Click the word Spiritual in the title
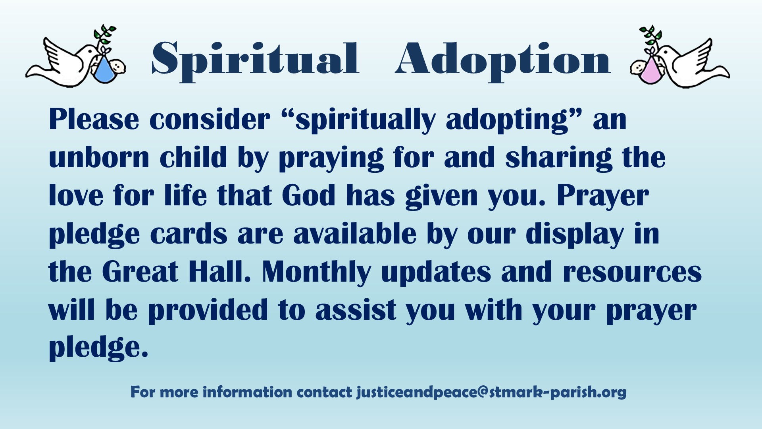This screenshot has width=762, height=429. click(x=255, y=60)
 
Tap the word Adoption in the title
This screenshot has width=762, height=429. click(x=502, y=60)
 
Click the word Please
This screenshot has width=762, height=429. click(x=94, y=120)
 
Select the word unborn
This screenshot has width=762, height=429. click(x=99, y=157)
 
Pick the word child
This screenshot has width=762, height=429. click(x=194, y=157)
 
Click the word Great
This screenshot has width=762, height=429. click(x=140, y=272)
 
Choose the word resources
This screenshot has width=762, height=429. click(x=632, y=272)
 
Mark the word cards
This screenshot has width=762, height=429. click(x=189, y=234)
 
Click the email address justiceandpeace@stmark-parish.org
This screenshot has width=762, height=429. click(x=491, y=392)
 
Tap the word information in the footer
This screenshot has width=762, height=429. click(x=247, y=392)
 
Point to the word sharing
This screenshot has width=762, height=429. click(x=559, y=158)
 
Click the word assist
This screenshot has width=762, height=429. click(x=356, y=310)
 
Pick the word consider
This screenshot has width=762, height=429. click(x=210, y=120)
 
